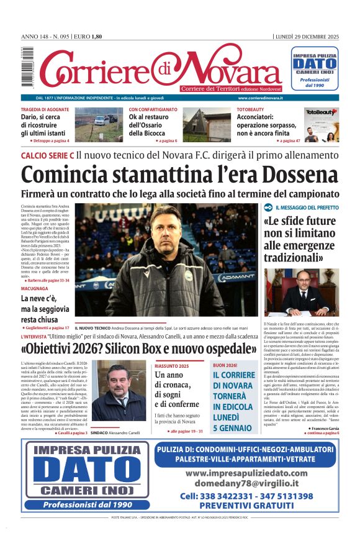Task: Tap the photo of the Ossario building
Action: click(205, 124)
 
